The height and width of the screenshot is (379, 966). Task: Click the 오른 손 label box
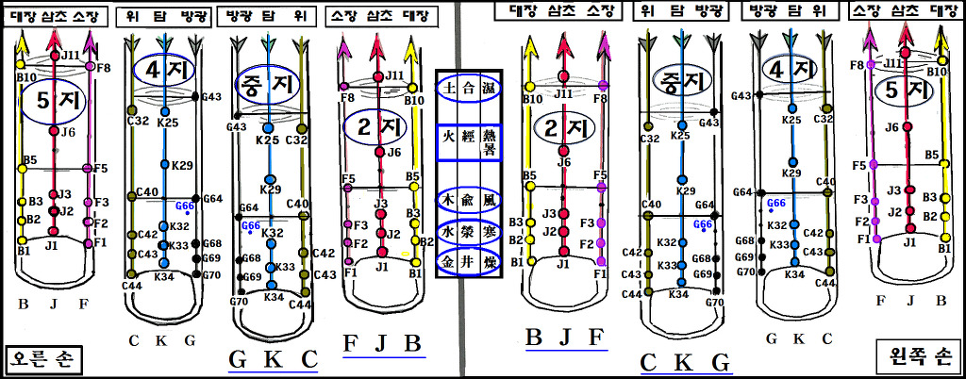43,359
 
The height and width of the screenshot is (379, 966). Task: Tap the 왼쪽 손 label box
917,355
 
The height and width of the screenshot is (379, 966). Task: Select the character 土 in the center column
449,88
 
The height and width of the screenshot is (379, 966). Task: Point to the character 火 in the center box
449,142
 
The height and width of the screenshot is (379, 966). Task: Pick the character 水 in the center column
449,231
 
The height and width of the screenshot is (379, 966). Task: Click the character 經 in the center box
469,142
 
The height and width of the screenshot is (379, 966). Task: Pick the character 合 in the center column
469,88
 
